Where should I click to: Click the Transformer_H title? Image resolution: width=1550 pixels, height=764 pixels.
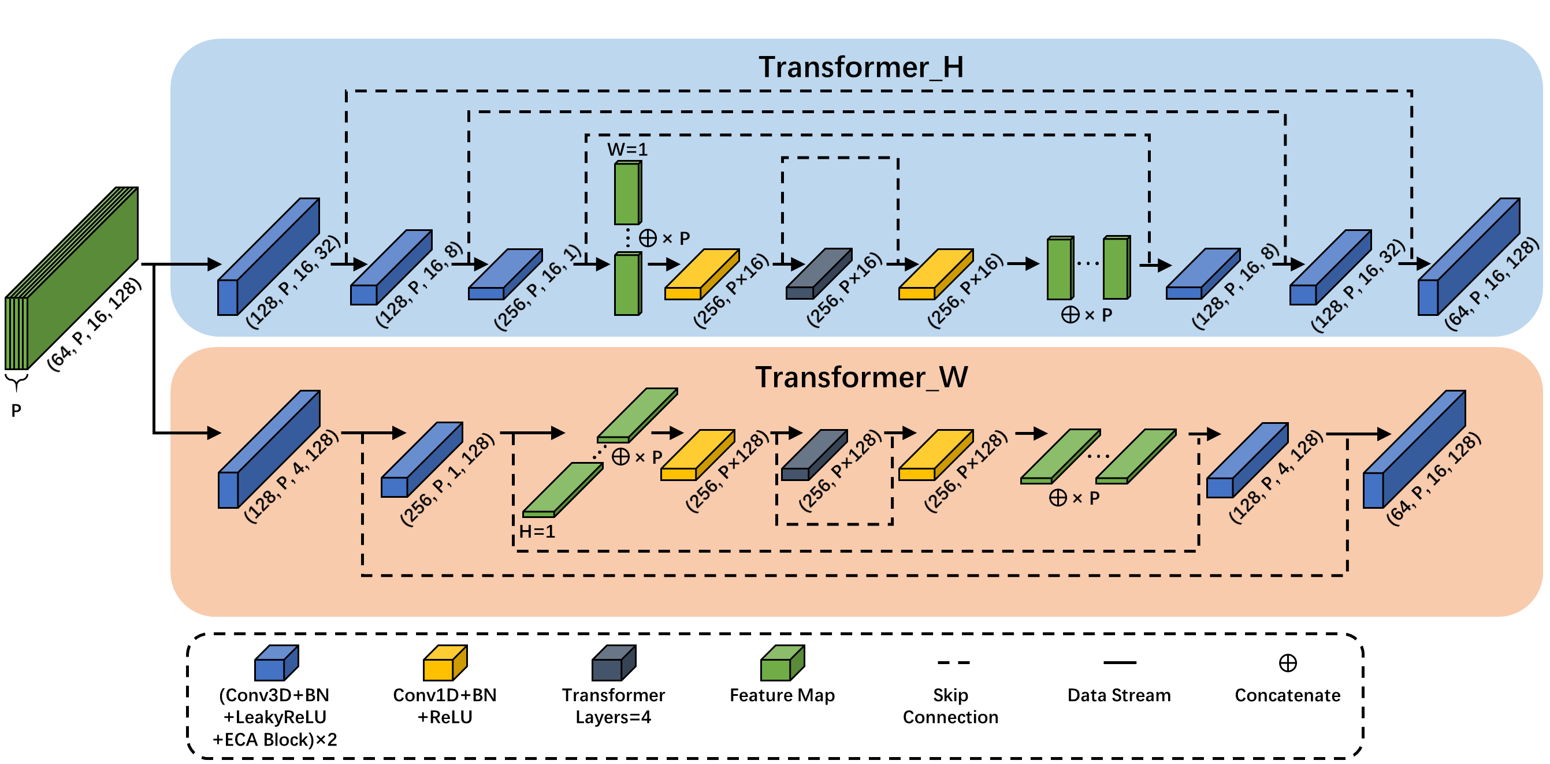tap(860, 68)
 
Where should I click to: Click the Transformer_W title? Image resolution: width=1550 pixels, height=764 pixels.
tap(861, 378)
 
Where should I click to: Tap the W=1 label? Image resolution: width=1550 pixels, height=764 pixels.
tap(627, 149)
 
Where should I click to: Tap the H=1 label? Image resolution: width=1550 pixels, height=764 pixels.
tap(537, 531)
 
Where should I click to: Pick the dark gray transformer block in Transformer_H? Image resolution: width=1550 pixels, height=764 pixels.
tap(818, 274)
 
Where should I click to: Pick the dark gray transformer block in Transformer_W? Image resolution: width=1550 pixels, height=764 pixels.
tap(813, 455)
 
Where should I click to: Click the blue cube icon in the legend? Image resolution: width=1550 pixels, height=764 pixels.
tap(276, 663)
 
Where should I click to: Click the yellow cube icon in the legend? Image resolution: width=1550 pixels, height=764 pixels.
tap(445, 663)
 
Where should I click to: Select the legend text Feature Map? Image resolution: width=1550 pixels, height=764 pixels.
tap(782, 695)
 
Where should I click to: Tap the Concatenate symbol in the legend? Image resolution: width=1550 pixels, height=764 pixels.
tap(1287, 663)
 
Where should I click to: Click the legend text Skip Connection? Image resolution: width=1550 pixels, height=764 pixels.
tap(950, 706)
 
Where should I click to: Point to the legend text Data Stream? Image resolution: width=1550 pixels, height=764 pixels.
tap(1118, 695)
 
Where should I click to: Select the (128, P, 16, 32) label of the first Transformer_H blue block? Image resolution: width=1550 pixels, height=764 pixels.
tap(293, 282)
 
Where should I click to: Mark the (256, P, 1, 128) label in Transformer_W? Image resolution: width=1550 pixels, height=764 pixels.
tap(448, 479)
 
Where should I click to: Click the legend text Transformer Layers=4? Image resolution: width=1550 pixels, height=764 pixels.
tap(613, 706)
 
